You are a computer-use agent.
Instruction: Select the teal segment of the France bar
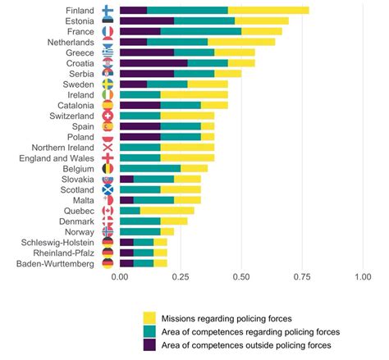200,31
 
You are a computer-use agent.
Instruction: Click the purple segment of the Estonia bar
147,21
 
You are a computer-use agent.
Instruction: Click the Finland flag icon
108,10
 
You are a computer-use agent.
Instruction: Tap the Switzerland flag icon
108,116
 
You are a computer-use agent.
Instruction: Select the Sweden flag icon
108,84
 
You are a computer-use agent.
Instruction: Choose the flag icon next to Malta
108,199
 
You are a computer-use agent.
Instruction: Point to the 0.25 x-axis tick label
181,278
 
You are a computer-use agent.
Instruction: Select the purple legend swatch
150,347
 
